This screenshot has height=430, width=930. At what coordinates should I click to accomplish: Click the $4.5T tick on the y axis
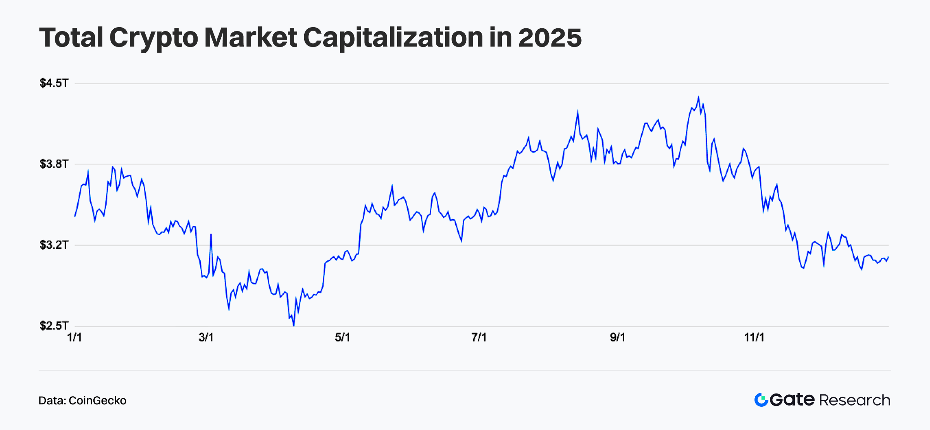(54, 83)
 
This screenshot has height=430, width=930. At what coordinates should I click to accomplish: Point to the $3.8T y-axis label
(54, 164)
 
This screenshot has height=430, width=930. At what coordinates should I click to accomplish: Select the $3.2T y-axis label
(54, 245)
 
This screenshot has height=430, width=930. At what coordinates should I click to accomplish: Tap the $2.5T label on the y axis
(54, 326)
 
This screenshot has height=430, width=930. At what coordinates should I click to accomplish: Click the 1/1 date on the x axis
(74, 337)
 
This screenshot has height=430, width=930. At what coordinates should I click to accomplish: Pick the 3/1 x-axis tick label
(206, 337)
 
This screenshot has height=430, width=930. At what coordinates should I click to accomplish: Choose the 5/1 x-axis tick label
(343, 337)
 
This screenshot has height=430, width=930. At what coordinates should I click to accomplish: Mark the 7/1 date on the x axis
(479, 337)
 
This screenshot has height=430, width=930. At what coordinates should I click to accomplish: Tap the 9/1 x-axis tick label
(618, 337)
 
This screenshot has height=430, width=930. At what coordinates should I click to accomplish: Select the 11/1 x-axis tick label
(754, 337)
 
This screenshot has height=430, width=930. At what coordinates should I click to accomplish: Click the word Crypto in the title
(153, 38)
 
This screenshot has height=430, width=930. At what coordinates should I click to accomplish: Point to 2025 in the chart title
(549, 38)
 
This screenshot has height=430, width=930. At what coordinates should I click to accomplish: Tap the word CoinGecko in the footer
(97, 401)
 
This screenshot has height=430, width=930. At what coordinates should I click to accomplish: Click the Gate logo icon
(761, 400)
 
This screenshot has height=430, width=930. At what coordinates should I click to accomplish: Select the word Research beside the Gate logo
(855, 400)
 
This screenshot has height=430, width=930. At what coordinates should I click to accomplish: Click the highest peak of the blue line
(699, 97)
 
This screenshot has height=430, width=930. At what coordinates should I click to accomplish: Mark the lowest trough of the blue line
(294, 326)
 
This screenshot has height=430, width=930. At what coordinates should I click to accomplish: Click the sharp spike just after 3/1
(211, 234)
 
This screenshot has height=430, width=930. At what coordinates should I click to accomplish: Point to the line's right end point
(888, 257)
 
